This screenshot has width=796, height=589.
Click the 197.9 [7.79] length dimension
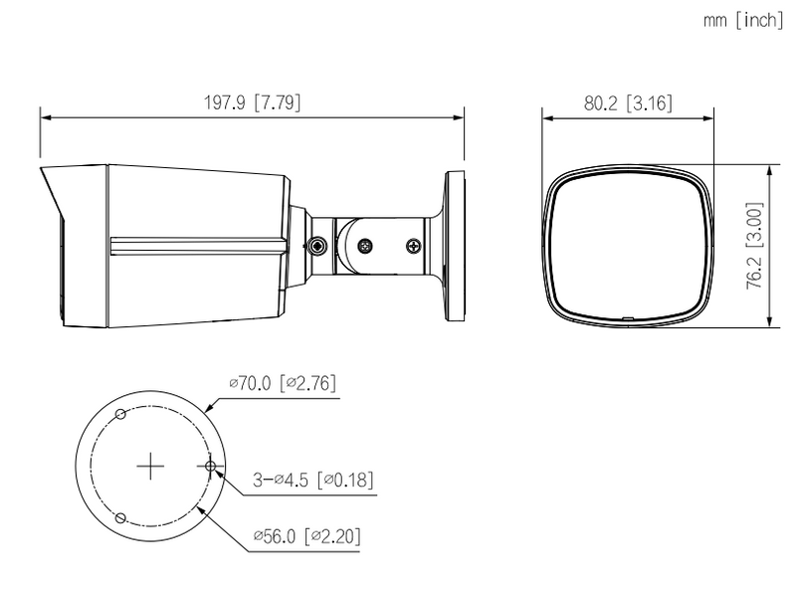pyautogui.click(x=252, y=101)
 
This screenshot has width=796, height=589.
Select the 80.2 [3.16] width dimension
pyautogui.click(x=626, y=101)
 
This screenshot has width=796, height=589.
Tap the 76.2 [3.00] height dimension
pyautogui.click(x=755, y=246)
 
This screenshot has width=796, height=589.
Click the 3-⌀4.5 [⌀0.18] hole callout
pyautogui.click(x=312, y=481)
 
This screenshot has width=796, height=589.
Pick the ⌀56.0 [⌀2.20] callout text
pyautogui.click(x=306, y=537)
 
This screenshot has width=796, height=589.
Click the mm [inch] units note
pyautogui.click(x=743, y=21)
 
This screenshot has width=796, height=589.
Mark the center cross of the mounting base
pyautogui.click(x=149, y=466)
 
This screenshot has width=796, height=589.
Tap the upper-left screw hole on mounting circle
pyautogui.click(x=119, y=413)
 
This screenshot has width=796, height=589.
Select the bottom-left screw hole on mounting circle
pyautogui.click(x=119, y=518)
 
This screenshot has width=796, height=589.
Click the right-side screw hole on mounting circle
pyautogui.click(x=211, y=466)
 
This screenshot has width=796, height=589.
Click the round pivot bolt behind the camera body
pyautogui.click(x=316, y=246)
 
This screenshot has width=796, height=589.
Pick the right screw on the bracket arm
pyautogui.click(x=412, y=245)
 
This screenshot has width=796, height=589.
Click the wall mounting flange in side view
pyautogui.click(x=456, y=246)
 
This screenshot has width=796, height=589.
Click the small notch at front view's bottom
pyautogui.click(x=627, y=319)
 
